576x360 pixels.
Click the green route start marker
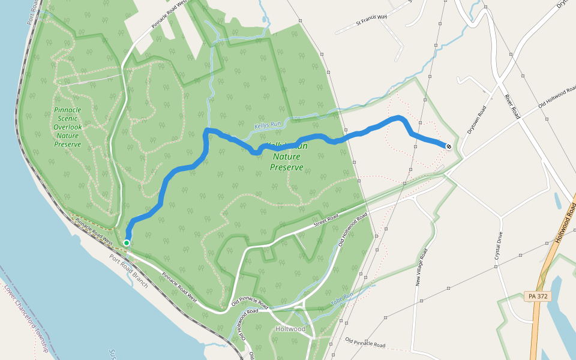click(127, 242)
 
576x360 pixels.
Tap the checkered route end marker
click(448, 146)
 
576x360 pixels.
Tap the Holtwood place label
click(290, 329)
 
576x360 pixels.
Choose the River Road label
click(511, 106)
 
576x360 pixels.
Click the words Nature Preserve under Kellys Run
click(286, 162)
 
